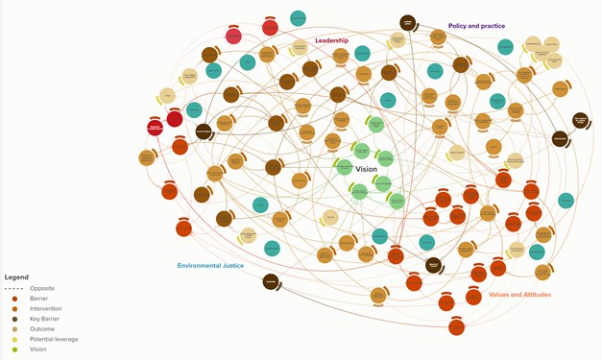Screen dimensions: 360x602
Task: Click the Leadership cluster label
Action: (x=331, y=40)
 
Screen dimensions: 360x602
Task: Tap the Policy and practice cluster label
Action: (x=476, y=26)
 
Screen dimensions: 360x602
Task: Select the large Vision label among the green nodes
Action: (x=366, y=169)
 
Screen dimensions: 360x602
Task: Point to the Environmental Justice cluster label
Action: (x=210, y=265)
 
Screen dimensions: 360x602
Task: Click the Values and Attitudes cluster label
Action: (x=519, y=295)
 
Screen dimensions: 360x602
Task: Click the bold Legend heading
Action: (x=16, y=277)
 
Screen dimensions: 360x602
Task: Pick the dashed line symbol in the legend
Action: (x=13, y=288)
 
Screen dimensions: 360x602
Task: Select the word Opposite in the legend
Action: (x=42, y=288)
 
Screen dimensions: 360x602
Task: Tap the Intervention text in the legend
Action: (x=47, y=308)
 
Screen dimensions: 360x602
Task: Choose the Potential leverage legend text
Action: (x=54, y=339)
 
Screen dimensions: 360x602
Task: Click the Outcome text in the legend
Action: (x=42, y=329)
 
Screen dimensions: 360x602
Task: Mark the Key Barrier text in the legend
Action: (x=46, y=319)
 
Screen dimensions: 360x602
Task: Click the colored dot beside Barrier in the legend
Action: (x=13, y=299)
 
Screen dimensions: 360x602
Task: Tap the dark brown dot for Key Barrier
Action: (x=13, y=319)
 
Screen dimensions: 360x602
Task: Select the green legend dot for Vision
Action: (x=13, y=349)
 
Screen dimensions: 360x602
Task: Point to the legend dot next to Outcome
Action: (x=13, y=329)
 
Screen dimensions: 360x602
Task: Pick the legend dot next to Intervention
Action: (x=13, y=308)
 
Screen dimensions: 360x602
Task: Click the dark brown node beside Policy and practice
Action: (x=407, y=23)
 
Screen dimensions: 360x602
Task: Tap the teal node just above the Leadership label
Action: (x=298, y=19)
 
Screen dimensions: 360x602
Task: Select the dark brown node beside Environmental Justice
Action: (x=271, y=281)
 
